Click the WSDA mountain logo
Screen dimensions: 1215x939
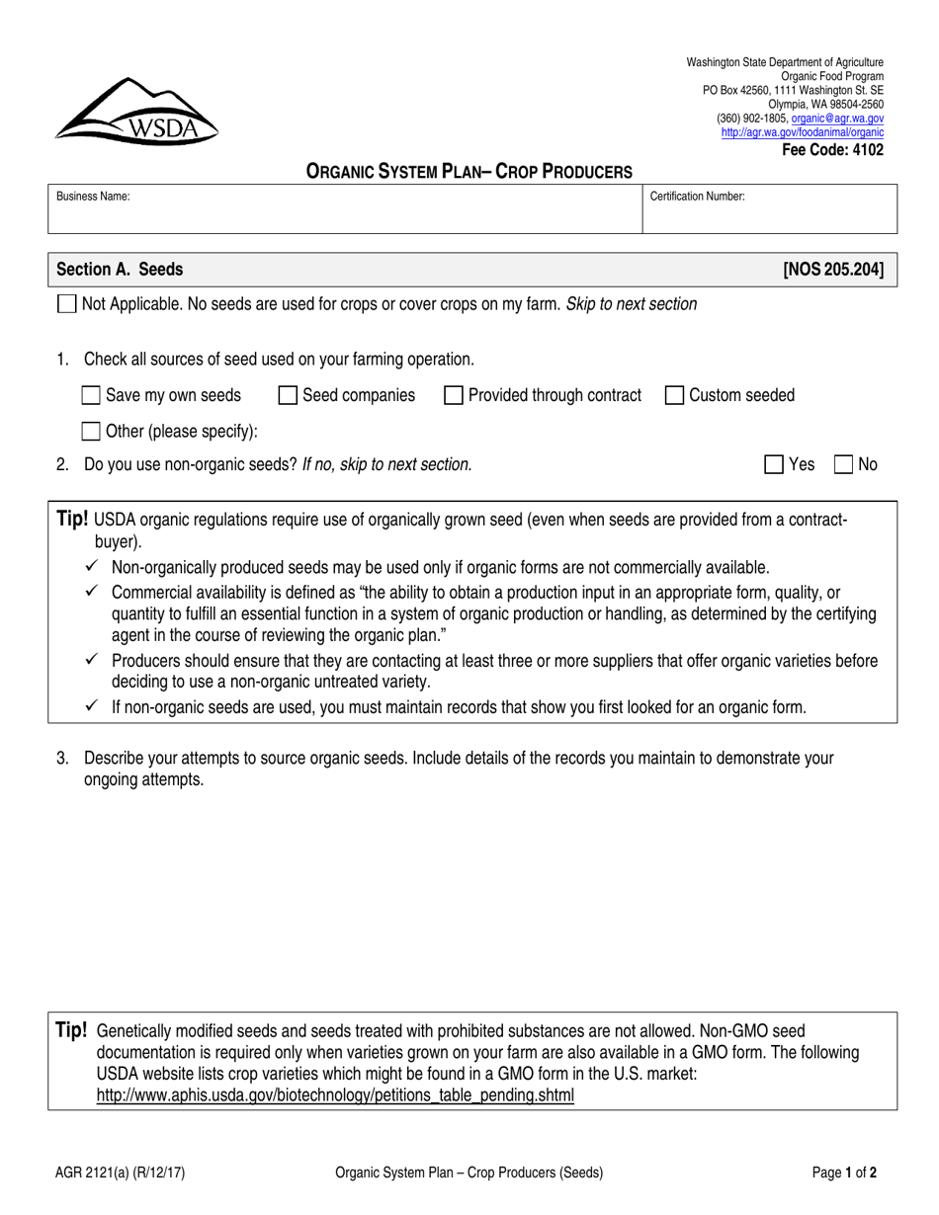136,110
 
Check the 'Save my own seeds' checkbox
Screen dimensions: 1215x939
91,395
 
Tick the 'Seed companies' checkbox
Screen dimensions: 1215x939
289,395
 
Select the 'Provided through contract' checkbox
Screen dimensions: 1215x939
454,395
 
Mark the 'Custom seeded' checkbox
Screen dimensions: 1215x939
675,395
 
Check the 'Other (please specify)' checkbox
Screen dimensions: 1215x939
91,431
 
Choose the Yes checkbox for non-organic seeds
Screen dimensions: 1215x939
776,464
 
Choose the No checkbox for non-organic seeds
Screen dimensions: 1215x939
845,464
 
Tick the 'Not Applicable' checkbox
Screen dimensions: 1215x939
66,304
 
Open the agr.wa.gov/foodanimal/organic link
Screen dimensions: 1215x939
802,131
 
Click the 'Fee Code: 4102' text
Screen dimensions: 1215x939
833,150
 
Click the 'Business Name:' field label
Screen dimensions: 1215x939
93,197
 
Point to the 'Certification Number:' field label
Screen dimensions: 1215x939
697,197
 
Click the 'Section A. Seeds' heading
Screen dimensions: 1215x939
119,270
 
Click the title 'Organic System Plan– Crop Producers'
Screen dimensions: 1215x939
469,171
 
